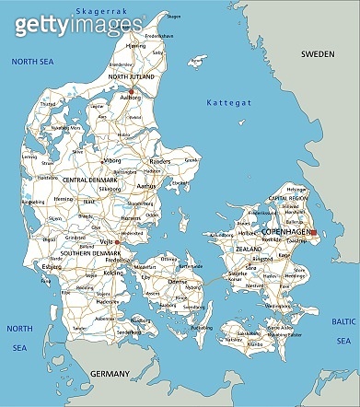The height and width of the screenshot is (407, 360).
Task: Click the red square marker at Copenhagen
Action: (312, 233)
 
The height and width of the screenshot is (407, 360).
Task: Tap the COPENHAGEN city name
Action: (286, 230)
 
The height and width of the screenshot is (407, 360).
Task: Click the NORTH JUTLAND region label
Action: (132, 77)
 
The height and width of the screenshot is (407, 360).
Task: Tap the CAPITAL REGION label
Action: (286, 196)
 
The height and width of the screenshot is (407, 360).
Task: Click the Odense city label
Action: (178, 282)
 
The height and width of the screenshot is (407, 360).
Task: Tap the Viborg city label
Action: (112, 159)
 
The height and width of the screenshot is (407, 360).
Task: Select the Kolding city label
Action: (111, 273)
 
